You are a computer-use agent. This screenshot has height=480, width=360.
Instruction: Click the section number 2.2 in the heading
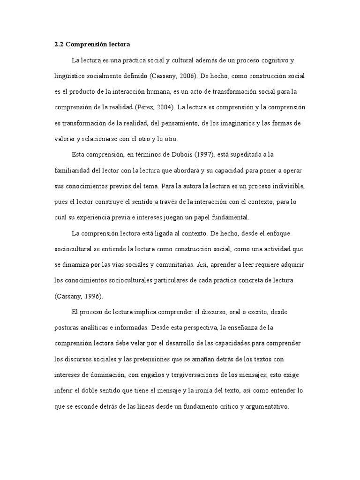(59, 44)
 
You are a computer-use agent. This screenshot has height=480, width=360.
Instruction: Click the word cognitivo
(274, 60)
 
